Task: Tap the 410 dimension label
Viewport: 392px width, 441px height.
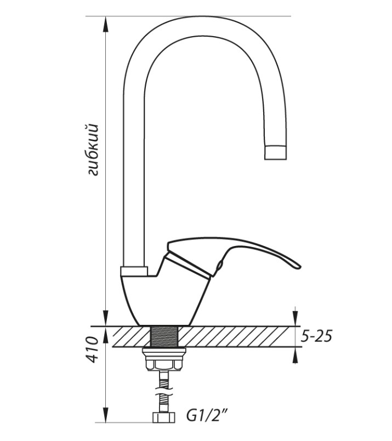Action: click(x=93, y=349)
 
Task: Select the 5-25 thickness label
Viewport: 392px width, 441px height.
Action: click(x=316, y=336)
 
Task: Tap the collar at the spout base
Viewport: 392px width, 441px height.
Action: click(x=134, y=271)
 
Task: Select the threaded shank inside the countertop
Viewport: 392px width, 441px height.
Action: click(x=164, y=336)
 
